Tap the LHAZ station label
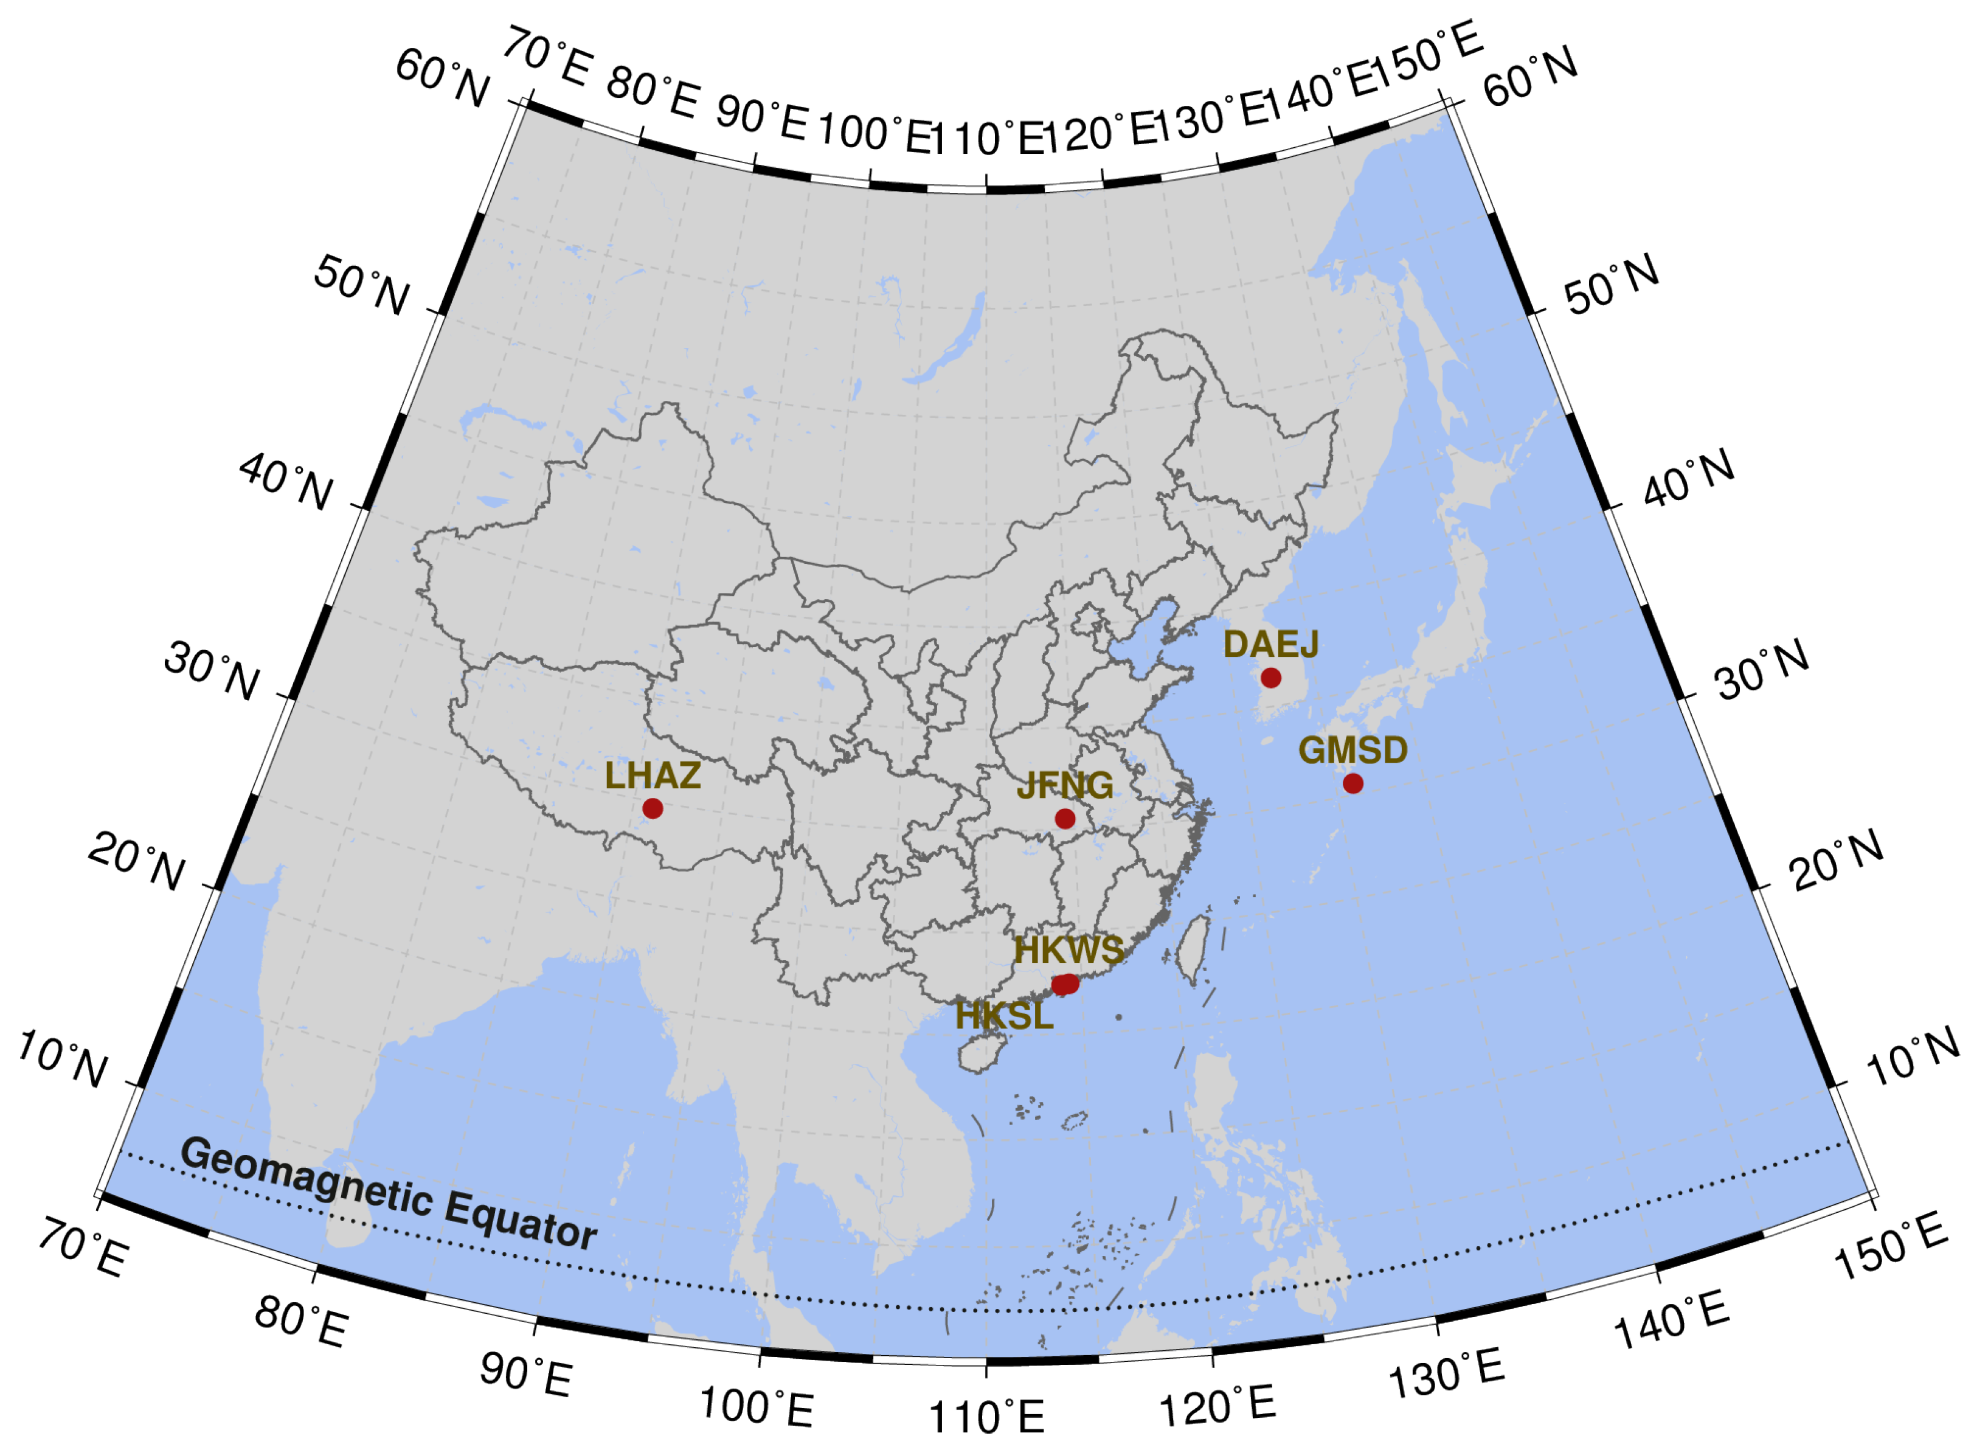pyautogui.click(x=653, y=776)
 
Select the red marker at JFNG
pyautogui.click(x=1065, y=819)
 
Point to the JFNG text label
pyautogui.click(x=1065, y=786)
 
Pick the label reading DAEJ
pyautogui.click(x=1271, y=645)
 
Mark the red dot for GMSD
pyautogui.click(x=1353, y=783)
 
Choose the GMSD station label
pyautogui.click(x=1353, y=751)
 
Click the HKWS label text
pyautogui.click(x=1069, y=950)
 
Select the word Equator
pyautogui.click(x=521, y=1220)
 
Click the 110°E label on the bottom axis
pyautogui.click(x=987, y=1417)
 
